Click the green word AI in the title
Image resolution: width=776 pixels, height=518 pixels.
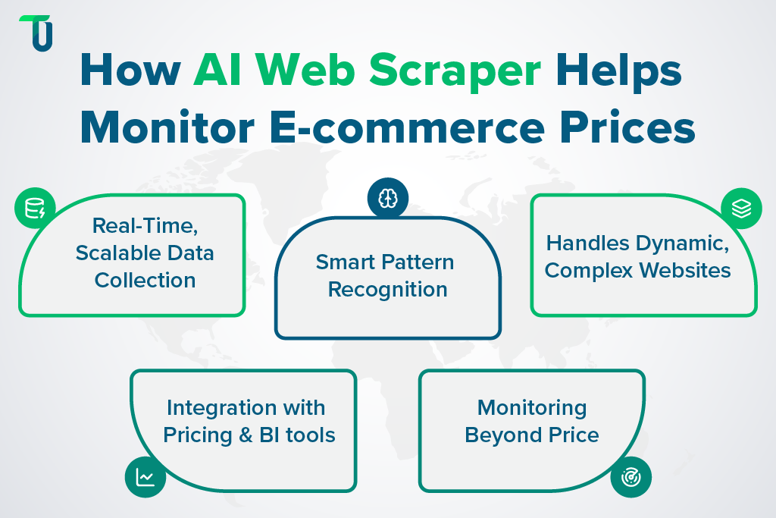point(217,72)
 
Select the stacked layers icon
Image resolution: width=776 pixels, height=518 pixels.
point(741,208)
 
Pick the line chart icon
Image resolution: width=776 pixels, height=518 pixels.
point(145,477)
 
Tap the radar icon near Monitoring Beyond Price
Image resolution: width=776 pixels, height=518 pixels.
point(630,477)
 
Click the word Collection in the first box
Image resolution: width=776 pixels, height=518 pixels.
point(145,280)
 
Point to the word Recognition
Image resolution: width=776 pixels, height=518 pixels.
point(388,290)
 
